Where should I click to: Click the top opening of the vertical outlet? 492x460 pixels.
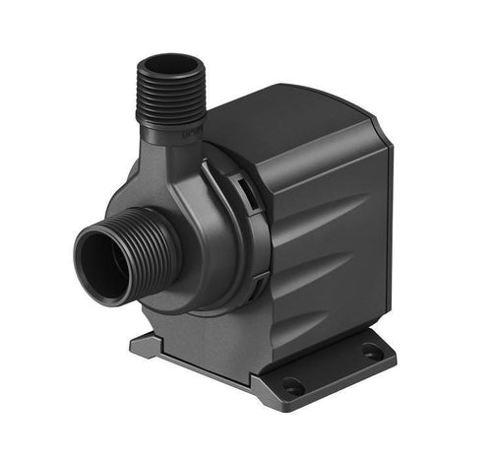coord(169,65)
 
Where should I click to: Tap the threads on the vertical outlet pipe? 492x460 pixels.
coord(170,99)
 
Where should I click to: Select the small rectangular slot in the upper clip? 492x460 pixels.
coord(242,181)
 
